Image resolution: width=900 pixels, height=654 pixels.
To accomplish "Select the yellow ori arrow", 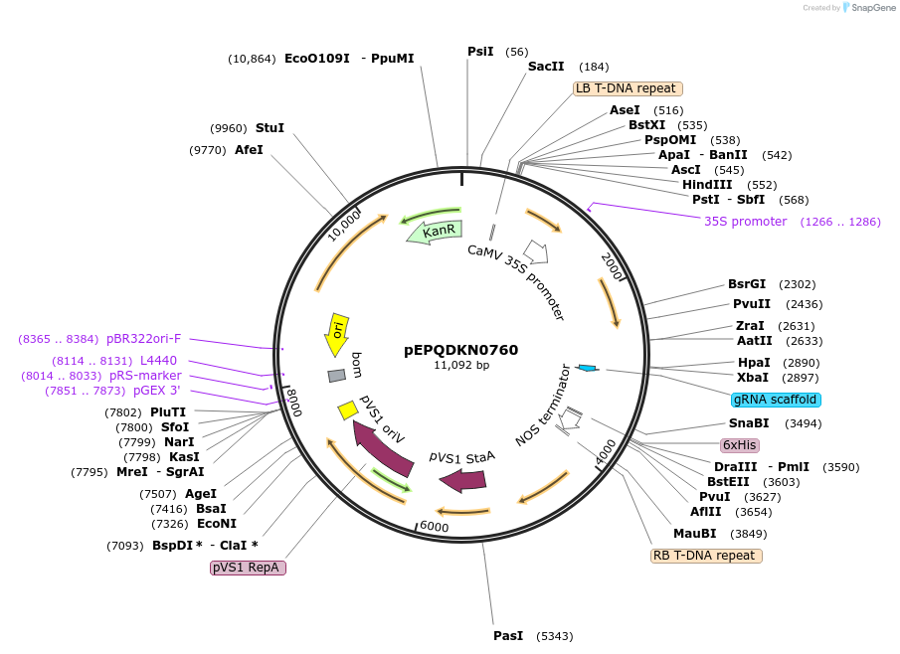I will pos(337,334).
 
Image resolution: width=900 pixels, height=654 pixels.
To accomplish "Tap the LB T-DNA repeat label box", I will pos(628,88).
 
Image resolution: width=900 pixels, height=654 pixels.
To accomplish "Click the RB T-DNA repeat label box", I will pos(706,556).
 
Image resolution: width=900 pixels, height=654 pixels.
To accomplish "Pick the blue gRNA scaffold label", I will pos(776,400).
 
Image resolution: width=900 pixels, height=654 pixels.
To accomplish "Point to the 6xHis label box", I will pos(740,445).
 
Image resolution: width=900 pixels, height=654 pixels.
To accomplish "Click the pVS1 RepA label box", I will pos(248,568).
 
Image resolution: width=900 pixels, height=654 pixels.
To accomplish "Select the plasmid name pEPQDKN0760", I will pos(461,350).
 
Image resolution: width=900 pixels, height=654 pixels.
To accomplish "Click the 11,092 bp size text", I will pos(461,365).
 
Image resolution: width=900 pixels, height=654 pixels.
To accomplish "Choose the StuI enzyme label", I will pos(270,128).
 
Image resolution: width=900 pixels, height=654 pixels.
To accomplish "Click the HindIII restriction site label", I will pos(707,185).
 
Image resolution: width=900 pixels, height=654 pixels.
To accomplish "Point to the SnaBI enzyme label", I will pos(749,423).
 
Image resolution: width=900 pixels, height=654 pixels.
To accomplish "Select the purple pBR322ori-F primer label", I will pos(144,339).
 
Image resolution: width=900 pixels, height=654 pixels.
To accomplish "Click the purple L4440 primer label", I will pos(158,361).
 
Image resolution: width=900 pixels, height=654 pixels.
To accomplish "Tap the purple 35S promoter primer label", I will pos(745,222).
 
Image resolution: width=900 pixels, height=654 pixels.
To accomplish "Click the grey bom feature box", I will pos(337,375).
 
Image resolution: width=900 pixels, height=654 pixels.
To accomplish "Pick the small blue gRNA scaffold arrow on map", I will pos(587,369).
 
